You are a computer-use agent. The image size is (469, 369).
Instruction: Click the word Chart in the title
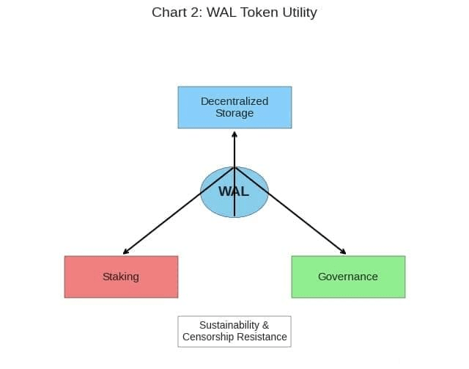point(169,12)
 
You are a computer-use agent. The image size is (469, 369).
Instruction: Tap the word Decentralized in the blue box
point(234,101)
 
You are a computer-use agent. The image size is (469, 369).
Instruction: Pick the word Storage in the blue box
point(234,114)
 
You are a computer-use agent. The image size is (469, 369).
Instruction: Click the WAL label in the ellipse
point(234,191)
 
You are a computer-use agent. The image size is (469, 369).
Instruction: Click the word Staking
point(121,277)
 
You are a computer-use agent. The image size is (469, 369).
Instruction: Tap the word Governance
point(348,277)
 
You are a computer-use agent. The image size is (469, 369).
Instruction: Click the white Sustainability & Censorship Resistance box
point(234,332)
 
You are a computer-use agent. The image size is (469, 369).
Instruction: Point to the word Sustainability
point(229,325)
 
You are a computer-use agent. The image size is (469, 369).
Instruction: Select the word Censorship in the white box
point(210,337)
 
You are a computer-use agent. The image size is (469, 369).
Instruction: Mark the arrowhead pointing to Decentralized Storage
point(234,134)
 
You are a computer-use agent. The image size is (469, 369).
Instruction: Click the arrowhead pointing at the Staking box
point(125,252)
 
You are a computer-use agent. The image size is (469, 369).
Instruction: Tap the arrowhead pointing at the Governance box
point(344,252)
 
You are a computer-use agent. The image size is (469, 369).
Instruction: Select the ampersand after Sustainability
point(265,325)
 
